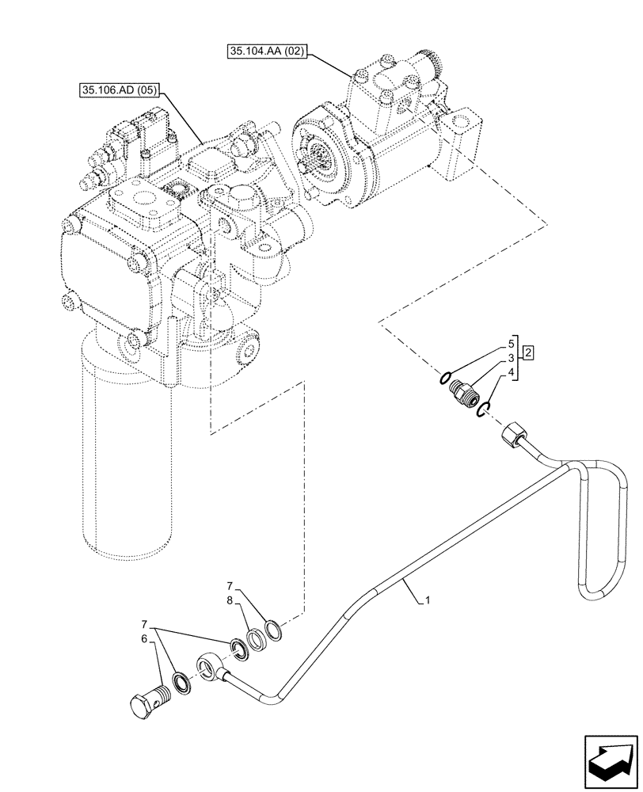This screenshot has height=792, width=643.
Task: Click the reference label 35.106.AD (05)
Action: point(118,90)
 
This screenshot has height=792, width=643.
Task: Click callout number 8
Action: point(229,600)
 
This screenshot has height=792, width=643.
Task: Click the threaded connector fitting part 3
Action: point(464,392)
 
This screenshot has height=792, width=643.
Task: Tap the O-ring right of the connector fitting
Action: point(485,407)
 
